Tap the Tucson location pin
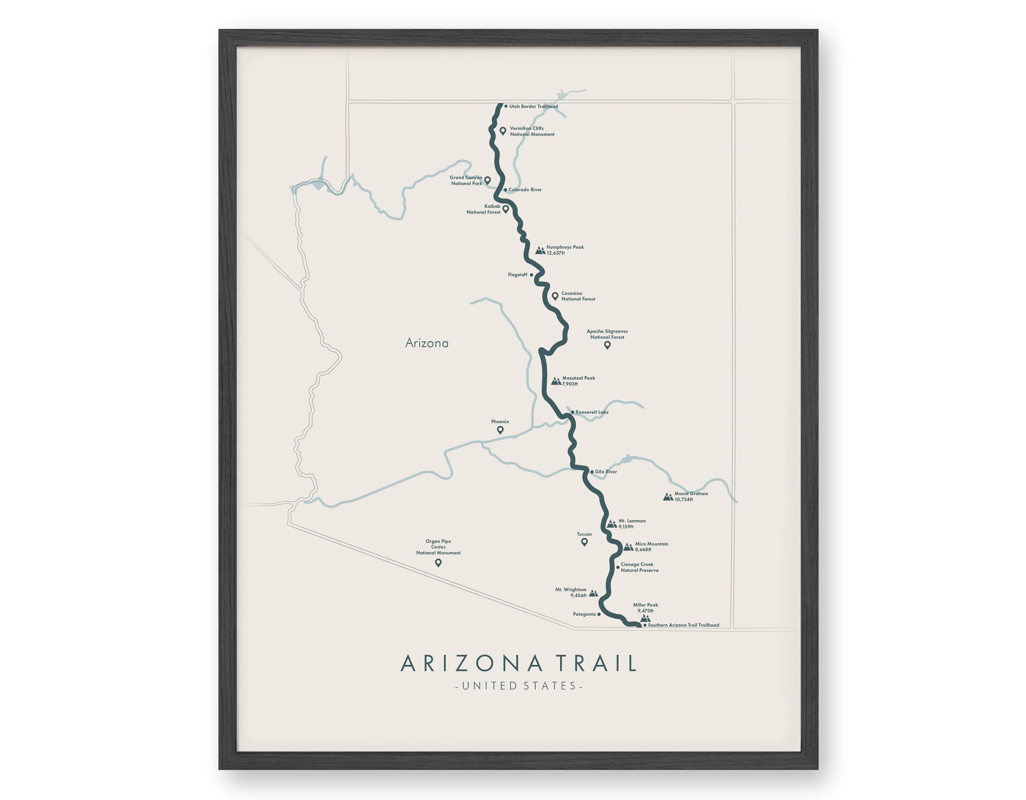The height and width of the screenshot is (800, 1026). pos(585,542)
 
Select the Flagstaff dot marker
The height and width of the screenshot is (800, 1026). pos(531,275)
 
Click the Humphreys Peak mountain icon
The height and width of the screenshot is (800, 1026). pos(540,251)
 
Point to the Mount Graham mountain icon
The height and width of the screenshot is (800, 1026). pos(668,497)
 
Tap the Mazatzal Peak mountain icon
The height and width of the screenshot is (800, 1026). pos(556,381)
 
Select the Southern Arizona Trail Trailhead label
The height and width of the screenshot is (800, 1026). pos(683,625)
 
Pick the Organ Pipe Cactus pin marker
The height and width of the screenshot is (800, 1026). pos(438,563)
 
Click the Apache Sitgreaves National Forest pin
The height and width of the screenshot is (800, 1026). pos(607,345)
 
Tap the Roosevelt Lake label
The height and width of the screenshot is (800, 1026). pos(592,412)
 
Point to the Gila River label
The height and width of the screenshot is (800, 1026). pos(606,472)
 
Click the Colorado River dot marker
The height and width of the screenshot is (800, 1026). pos(505,190)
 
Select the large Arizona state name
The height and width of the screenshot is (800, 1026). pos(426,343)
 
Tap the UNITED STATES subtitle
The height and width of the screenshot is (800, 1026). pos(519,686)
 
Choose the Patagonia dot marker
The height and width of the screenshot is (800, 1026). pos(598,614)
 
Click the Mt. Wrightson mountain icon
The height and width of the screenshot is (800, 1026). pos(593,593)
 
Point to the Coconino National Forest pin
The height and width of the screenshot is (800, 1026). pos(555,296)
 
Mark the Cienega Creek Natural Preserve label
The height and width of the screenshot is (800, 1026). pos(639,568)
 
